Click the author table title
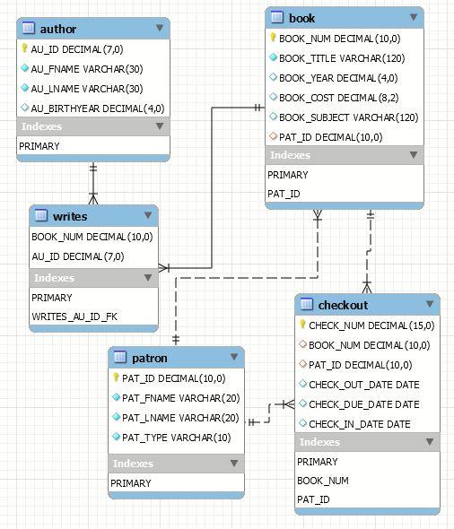point(58,29)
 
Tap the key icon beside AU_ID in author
point(23,49)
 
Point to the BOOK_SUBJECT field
point(336,117)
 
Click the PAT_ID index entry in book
point(284,194)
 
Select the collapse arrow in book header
point(413,17)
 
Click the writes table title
point(70,216)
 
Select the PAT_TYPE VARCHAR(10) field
point(176,438)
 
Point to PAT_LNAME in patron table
point(179,418)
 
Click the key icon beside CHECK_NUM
point(302,325)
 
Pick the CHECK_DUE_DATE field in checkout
point(363,404)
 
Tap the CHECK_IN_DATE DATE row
point(360,424)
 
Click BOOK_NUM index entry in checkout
point(322,481)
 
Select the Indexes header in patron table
point(132,464)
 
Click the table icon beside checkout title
point(306,305)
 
